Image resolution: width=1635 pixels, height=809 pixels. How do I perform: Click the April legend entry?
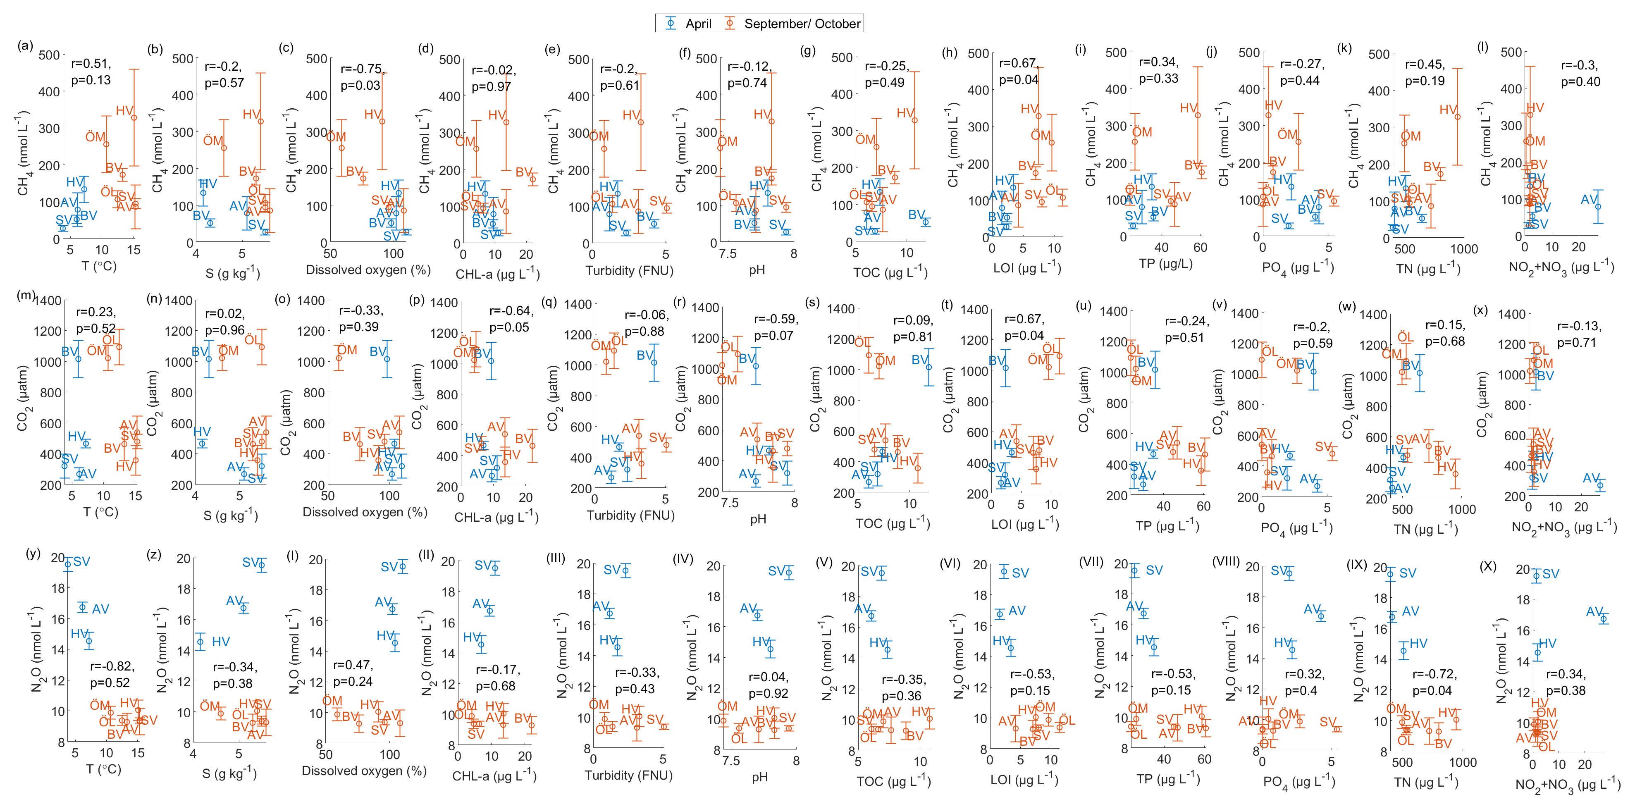(697, 24)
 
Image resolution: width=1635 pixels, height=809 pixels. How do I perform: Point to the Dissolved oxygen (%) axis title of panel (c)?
(368, 270)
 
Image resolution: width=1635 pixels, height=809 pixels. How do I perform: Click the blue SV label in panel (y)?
(81, 561)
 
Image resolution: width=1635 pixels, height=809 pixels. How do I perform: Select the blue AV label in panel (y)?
(100, 609)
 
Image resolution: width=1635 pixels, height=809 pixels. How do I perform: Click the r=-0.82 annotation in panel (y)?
(112, 666)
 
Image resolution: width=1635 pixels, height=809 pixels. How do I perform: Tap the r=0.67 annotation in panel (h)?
(1017, 63)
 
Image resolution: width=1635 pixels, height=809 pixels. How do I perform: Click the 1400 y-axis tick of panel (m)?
(48, 301)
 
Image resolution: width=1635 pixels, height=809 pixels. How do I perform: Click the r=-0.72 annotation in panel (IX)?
(1435, 674)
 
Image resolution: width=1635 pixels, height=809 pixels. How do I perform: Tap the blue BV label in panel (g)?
(916, 215)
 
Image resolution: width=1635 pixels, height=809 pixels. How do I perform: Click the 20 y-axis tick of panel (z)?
(184, 558)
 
